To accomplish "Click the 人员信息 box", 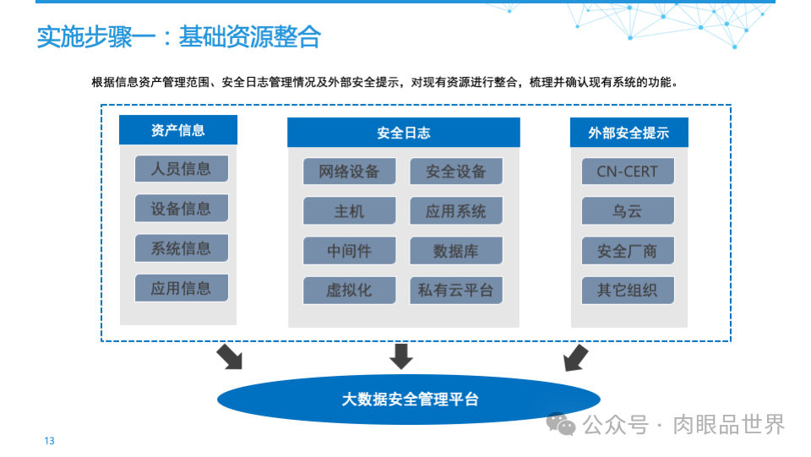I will pos(181,168).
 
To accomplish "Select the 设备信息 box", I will pos(181,208).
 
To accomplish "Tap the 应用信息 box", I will pos(181,288).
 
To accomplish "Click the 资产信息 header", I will pos(178,130).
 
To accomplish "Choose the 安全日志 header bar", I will pos(403,133).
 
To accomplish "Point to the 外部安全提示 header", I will pos(629,133).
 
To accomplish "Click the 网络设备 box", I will pos(349,171).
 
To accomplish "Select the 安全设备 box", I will pos(456,171).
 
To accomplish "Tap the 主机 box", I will pos(349,211).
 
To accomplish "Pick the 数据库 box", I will pos(456,251).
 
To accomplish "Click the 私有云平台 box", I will pos(456,291).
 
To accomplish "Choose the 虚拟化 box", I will pos(349,291).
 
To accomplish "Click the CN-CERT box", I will pos(628,171).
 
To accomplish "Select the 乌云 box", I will pos(628,211).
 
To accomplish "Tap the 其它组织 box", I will pos(628,291).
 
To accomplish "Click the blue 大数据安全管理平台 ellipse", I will pos(409,399).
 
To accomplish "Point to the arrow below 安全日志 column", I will pos(401,356).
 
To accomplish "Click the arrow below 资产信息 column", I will pos(229,356).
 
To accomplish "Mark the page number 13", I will pos(49,441).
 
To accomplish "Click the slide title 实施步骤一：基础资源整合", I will pos(178,37).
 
